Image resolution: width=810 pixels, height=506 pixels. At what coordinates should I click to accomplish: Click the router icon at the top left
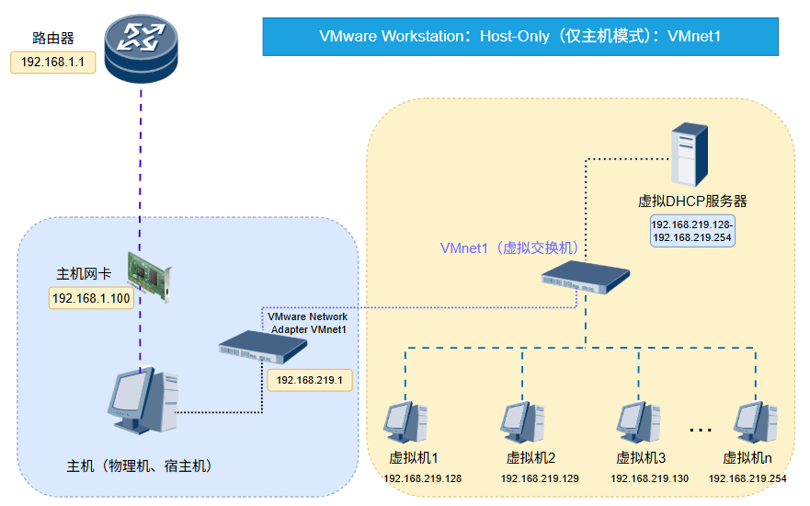click(140, 43)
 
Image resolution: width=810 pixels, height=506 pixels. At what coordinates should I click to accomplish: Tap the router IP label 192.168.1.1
click(52, 63)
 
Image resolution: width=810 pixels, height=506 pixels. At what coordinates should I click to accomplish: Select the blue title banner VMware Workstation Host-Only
click(520, 37)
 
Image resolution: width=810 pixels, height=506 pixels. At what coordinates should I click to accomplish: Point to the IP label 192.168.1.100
click(91, 298)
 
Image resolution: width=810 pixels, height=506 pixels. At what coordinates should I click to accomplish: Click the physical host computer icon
click(140, 402)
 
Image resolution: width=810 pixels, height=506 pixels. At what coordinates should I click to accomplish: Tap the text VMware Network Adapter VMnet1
click(307, 322)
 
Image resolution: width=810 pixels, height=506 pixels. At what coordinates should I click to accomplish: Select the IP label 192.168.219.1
click(309, 379)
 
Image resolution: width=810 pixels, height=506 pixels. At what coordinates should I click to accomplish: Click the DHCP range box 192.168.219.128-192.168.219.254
click(692, 231)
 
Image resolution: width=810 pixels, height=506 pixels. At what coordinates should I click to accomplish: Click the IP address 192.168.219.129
click(540, 479)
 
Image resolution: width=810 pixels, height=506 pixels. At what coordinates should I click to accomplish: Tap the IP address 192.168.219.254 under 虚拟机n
click(747, 479)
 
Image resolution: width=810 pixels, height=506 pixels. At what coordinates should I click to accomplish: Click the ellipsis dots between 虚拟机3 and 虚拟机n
click(701, 430)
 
